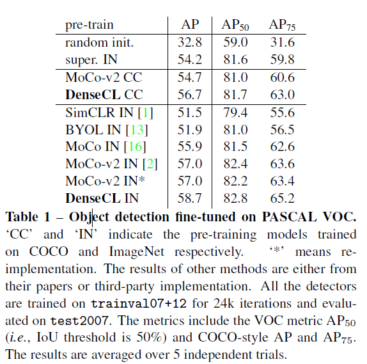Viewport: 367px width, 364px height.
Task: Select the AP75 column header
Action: [282, 26]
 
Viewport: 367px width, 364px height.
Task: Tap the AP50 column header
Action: [235, 26]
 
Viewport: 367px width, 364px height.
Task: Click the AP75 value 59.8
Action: [282, 59]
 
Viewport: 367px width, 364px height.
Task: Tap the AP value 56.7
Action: [190, 95]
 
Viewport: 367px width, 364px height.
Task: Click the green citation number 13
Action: [140, 130]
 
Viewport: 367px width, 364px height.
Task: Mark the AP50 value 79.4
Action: [235, 113]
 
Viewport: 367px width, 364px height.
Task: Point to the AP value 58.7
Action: [190, 199]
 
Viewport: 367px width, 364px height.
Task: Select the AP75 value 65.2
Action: [282, 199]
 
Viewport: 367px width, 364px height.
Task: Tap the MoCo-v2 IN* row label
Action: [106, 182]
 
